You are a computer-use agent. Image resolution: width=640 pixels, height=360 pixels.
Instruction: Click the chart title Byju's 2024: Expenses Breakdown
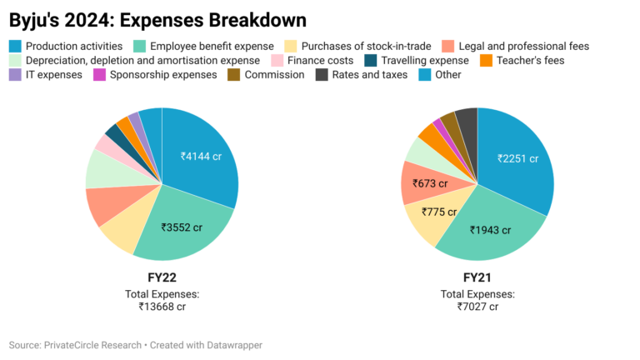(x=157, y=18)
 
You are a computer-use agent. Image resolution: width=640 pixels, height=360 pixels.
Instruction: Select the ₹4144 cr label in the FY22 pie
(x=202, y=155)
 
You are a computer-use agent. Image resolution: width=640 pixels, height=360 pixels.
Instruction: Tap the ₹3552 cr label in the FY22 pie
(x=182, y=227)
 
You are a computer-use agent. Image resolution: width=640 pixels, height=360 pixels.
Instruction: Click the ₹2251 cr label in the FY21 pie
(x=517, y=158)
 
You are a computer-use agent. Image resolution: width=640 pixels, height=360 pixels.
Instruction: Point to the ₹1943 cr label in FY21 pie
(x=491, y=229)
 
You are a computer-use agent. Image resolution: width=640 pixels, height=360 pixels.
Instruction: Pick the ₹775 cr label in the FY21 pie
(x=439, y=212)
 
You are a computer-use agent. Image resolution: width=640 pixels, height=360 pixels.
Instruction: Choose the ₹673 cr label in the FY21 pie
(x=430, y=183)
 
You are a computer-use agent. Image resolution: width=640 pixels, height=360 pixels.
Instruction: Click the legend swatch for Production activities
(x=15, y=46)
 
